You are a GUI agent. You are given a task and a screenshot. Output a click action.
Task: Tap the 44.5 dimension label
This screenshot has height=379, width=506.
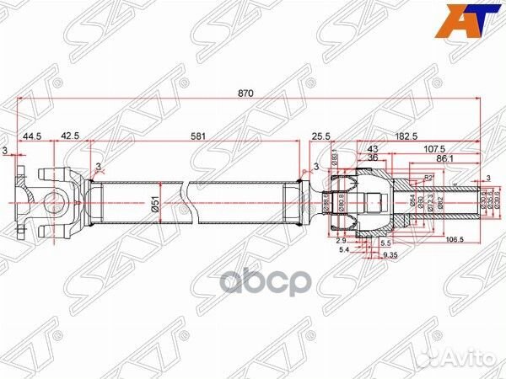pos(33,134)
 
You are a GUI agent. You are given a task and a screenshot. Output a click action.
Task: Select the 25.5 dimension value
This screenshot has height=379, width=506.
pos(320,134)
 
